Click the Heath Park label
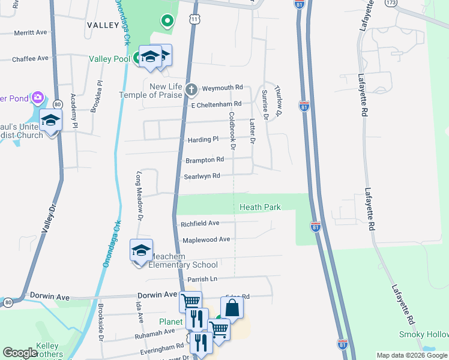point(260,207)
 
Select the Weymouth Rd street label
point(222,88)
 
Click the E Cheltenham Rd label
point(216,104)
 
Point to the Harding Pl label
point(203,139)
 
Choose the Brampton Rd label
point(205,160)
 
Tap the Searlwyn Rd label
point(202,176)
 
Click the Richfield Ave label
point(200,223)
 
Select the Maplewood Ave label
point(206,239)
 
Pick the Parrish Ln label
point(201,279)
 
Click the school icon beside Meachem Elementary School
point(141,250)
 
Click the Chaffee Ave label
point(30,58)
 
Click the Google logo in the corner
point(20,353)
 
